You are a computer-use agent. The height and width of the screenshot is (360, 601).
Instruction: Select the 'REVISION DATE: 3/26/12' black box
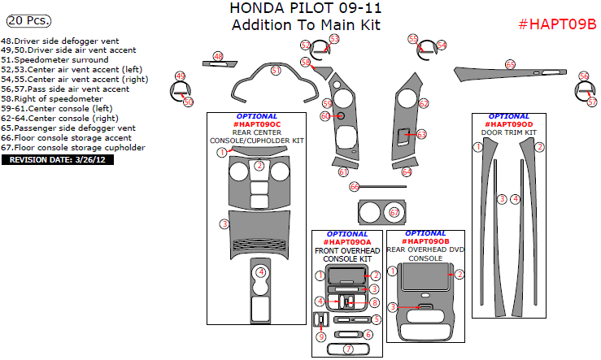click(58, 159)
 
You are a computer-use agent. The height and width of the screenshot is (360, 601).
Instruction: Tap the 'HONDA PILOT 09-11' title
click(307, 8)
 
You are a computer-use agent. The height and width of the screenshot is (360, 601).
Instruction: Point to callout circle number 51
click(276, 71)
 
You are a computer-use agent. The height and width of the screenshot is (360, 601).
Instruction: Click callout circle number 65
click(510, 63)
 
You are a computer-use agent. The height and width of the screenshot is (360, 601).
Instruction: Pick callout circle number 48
click(218, 55)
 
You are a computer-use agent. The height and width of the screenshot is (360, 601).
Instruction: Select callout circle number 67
click(394, 213)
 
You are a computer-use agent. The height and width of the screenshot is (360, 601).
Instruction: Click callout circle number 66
click(355, 187)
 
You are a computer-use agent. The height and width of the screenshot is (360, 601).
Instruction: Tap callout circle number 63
click(421, 134)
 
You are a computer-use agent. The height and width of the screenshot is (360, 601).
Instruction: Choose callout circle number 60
click(325, 116)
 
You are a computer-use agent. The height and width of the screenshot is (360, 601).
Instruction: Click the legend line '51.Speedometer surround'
click(54, 59)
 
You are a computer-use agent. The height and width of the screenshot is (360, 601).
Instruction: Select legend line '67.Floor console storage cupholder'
click(73, 148)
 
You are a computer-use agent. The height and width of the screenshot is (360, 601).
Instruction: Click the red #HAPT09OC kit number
click(255, 124)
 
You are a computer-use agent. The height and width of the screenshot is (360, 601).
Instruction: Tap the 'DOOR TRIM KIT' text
click(508, 132)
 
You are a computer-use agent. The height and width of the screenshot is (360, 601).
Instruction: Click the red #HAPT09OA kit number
click(346, 242)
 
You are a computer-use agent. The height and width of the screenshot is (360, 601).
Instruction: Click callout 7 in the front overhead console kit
click(348, 349)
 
